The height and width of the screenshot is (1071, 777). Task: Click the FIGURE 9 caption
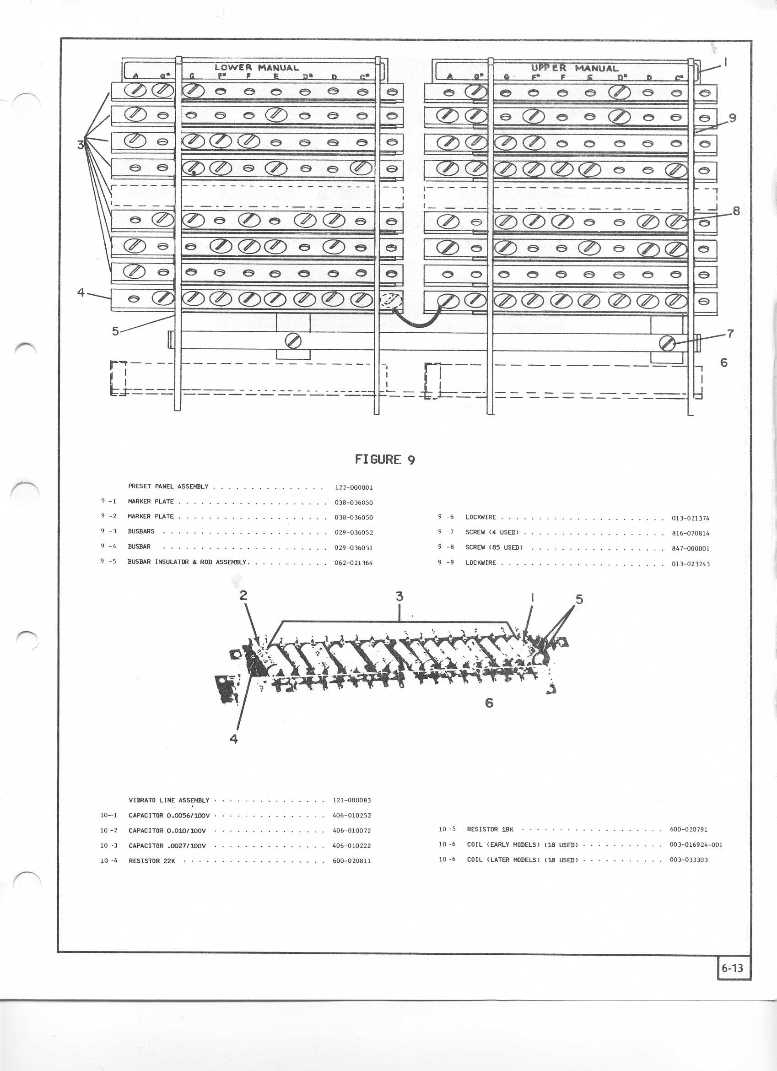click(385, 460)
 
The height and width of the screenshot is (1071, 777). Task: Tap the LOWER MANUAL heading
click(256, 68)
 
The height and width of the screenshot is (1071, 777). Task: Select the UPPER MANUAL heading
click(574, 68)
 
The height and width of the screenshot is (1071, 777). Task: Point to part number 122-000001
click(354, 488)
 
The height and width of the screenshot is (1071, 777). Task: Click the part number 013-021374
click(690, 518)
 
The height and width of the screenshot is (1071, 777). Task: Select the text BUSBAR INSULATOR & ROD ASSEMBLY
click(187, 563)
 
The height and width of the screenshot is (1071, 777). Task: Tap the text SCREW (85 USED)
click(494, 547)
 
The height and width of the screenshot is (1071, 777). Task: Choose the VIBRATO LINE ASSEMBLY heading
click(168, 801)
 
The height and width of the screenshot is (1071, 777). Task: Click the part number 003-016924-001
click(696, 845)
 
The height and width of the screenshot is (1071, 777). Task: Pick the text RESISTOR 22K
click(151, 861)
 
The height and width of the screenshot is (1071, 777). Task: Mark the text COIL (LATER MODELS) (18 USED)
click(522, 860)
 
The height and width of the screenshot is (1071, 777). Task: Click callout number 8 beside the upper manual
click(735, 211)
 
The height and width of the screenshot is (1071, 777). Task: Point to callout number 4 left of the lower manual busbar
click(81, 293)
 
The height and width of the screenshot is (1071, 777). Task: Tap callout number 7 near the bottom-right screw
click(730, 333)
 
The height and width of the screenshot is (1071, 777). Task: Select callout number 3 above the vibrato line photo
click(399, 596)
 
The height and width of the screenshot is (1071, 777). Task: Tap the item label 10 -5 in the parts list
click(447, 829)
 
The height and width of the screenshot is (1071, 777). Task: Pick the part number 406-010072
click(352, 831)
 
